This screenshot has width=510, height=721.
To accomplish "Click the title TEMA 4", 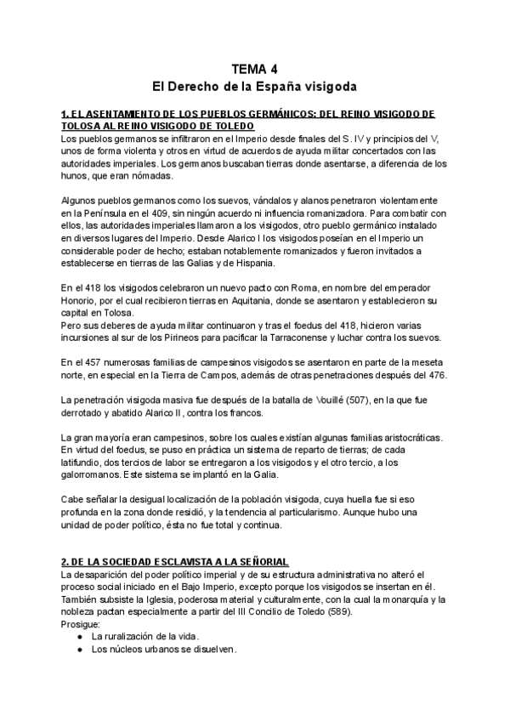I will [x=254, y=70].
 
